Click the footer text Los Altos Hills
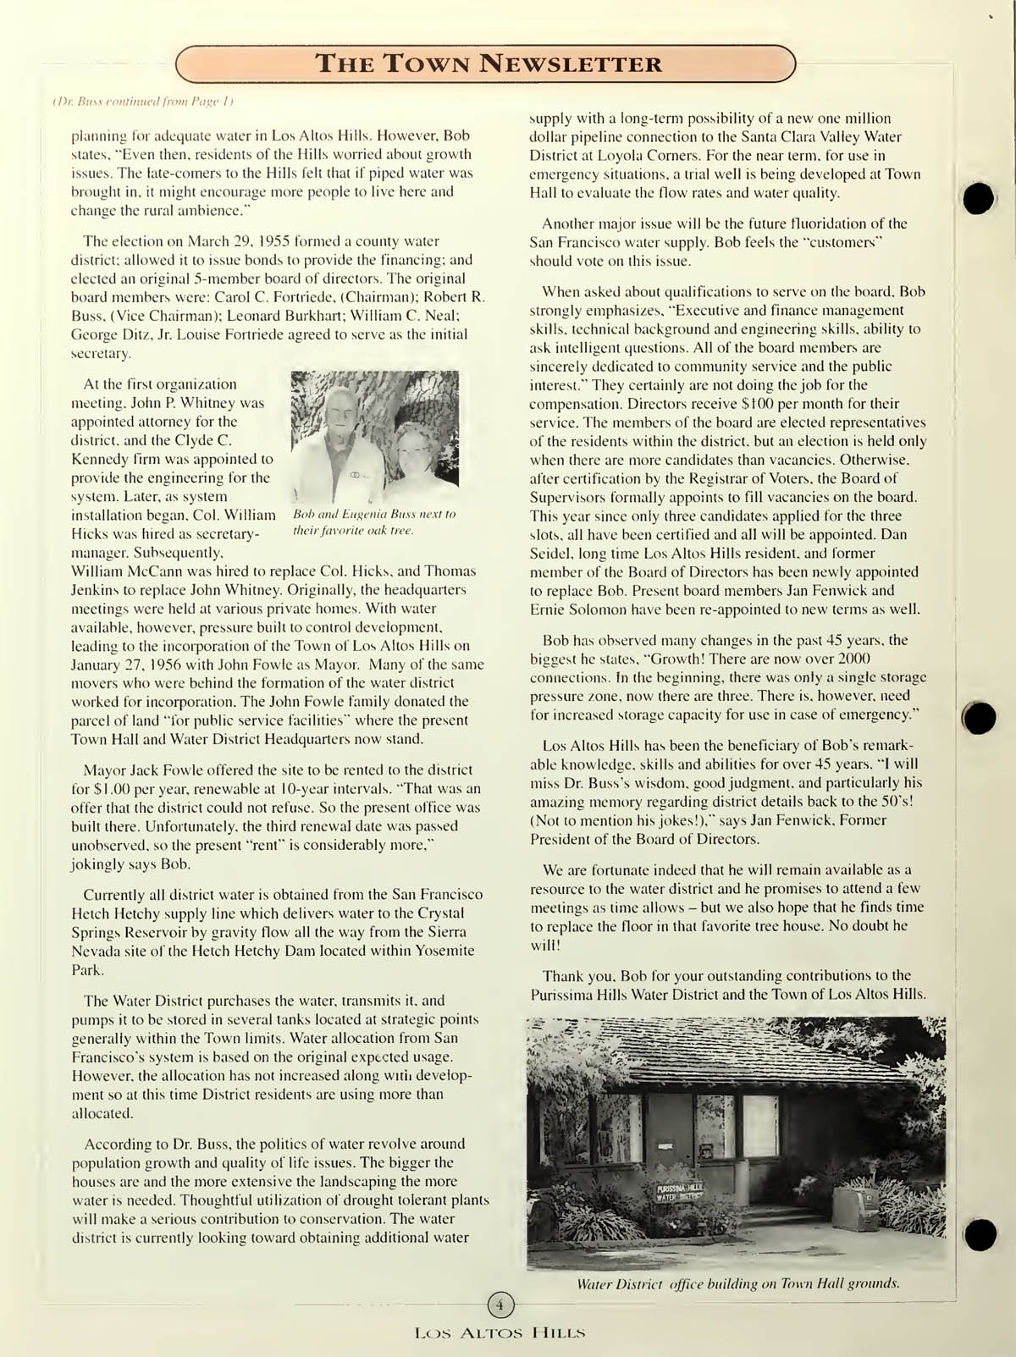(500, 1333)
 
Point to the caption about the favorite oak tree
(373, 522)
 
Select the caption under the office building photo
(737, 1283)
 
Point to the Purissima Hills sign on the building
(679, 1194)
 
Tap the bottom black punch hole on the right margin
(980, 1235)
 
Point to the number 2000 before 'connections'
(854, 659)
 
